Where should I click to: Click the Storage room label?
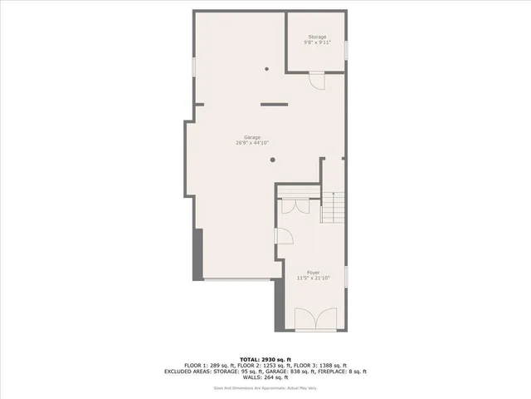click(317, 37)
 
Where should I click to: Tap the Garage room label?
click(252, 136)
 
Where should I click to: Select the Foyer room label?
click(313, 272)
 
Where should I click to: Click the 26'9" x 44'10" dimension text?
click(252, 143)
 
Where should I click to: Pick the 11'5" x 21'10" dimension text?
click(313, 278)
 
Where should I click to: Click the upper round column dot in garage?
click(266, 69)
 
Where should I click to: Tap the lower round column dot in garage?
click(266, 163)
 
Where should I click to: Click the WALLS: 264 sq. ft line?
click(265, 378)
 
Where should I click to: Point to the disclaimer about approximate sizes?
click(265, 387)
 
